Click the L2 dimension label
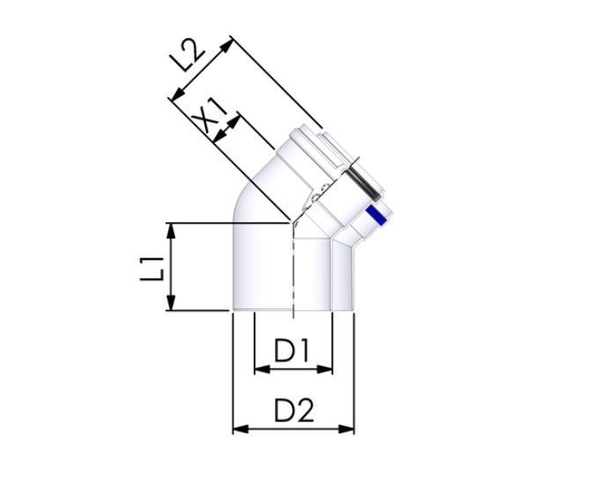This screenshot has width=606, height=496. pos(188,58)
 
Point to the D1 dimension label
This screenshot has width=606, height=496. pos(291,352)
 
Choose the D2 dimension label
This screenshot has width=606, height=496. pos(293,411)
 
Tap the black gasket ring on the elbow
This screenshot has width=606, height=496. pos(365,186)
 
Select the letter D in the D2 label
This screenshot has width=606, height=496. pos(283,411)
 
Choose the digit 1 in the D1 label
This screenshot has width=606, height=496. pos(303,352)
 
